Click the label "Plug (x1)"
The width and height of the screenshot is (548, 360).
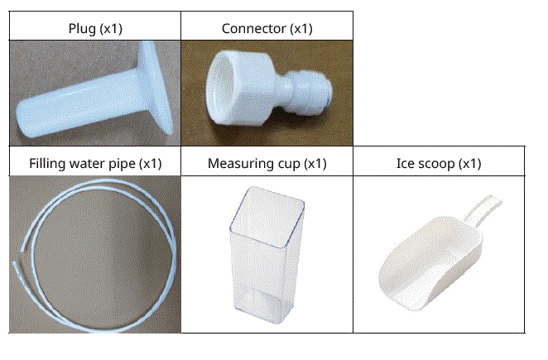[x=94, y=29]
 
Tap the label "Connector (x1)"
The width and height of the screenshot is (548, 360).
[x=267, y=29]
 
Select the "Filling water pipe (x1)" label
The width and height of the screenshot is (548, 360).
[x=95, y=163]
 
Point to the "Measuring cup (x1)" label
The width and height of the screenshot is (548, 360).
[x=267, y=163]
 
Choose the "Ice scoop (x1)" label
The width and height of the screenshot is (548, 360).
[x=439, y=163]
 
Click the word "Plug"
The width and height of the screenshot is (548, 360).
[x=81, y=29]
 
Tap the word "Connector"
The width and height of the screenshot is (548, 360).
[x=253, y=29]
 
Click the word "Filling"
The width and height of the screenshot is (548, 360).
[x=46, y=163]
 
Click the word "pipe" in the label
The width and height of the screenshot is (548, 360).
[x=126, y=163]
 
